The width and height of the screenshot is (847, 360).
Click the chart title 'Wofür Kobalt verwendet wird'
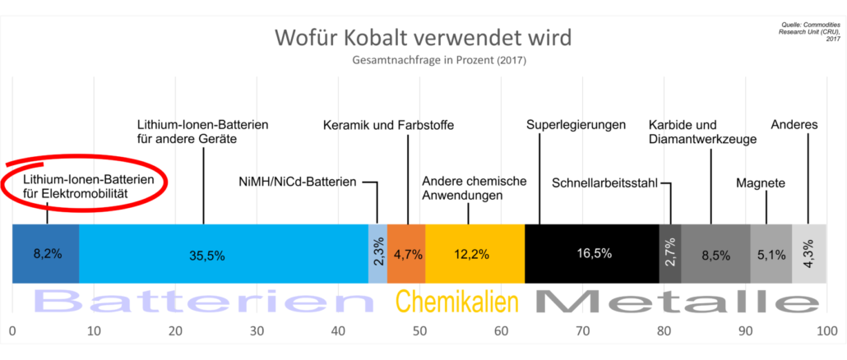pos(423,39)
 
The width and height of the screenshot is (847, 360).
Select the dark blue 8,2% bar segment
pos(45,253)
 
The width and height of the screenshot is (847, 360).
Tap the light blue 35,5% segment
pos(222,253)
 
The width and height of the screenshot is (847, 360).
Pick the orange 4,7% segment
pos(406,253)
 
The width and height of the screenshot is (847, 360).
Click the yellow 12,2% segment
pos(474,253)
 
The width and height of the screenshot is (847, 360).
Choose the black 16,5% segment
pos(591,253)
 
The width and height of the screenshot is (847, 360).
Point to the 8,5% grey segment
pos(715,253)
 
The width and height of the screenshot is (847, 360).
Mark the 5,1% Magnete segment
pos(771,253)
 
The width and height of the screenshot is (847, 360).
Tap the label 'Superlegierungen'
pos(576,125)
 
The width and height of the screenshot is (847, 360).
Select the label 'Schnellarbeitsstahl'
pos(604,182)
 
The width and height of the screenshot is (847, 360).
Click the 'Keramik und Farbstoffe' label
pos(387,125)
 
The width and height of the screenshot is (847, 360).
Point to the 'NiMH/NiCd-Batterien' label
pos(297,182)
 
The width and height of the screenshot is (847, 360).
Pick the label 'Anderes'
pos(794,125)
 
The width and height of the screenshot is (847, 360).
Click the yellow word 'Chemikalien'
pos(457,302)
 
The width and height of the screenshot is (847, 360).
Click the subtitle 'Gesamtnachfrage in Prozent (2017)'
pos(422,61)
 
